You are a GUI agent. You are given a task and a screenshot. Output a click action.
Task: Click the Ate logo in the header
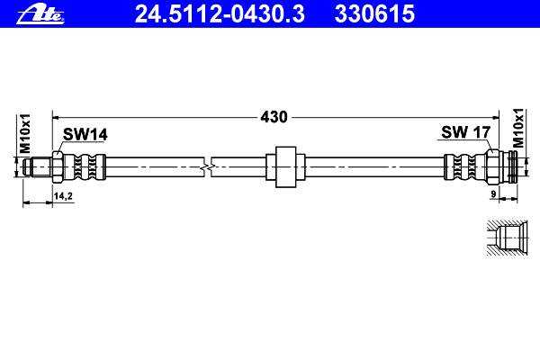point(40,14)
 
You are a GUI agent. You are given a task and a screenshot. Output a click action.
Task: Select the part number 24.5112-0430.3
point(220,13)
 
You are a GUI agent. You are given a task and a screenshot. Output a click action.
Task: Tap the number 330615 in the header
point(374,13)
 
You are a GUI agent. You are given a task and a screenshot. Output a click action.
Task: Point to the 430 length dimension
point(274,117)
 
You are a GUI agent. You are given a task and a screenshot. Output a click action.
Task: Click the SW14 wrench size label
point(85,134)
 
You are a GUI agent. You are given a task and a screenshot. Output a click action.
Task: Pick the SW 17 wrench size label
point(465,132)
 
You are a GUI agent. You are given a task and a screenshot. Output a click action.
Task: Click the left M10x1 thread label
point(25,134)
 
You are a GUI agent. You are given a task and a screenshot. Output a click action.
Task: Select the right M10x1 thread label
point(518,128)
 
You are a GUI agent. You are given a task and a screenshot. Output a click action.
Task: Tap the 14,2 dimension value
point(63,196)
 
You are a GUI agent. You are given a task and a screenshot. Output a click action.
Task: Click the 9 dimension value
point(493,194)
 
